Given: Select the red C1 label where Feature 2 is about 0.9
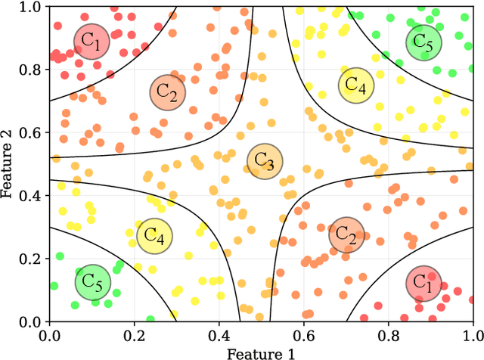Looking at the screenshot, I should click(x=92, y=42).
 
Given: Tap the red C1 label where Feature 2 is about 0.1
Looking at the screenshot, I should click(x=423, y=283).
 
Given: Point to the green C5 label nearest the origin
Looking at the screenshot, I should click(x=92, y=282).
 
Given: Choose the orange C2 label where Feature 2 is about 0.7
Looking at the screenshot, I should click(x=168, y=92).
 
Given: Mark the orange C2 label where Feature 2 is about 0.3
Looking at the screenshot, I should click(x=347, y=234).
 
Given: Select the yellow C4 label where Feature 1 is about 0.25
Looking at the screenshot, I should click(x=155, y=236).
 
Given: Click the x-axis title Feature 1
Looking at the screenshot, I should click(x=261, y=352).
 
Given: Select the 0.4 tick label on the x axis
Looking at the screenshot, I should click(x=219, y=334).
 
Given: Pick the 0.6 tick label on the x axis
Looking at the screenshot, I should click(x=304, y=334).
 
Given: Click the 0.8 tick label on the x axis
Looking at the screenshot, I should click(x=389, y=334).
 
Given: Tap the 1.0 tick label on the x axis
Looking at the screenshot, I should click(x=472, y=334).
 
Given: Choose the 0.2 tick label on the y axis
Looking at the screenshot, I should click(x=33, y=259).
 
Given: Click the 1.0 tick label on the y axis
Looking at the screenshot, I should click(x=33, y=7).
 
